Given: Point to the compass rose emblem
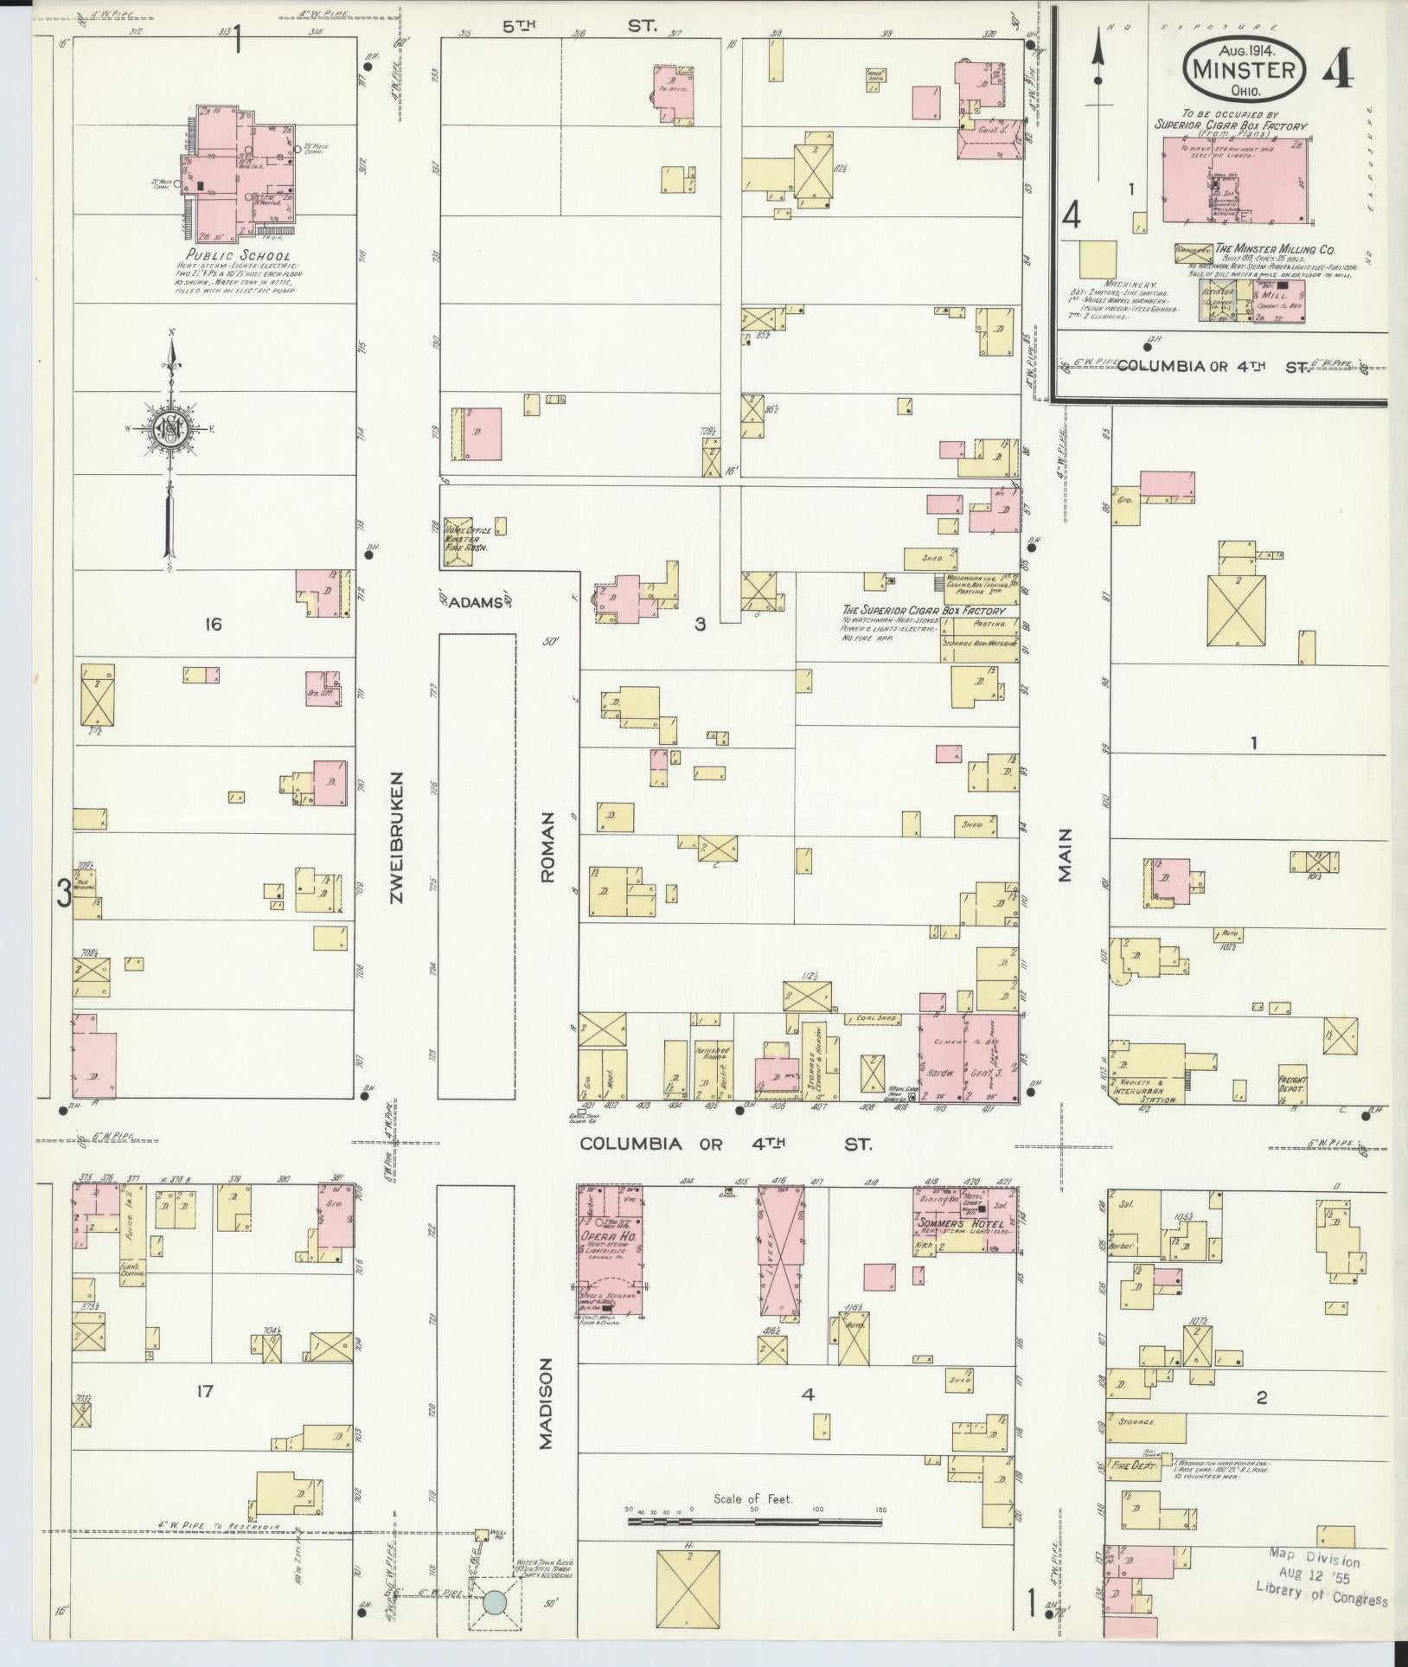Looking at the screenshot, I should click(x=172, y=428).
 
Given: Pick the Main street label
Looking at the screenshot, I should click(x=1064, y=855).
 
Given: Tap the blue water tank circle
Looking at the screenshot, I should click(x=494, y=1602).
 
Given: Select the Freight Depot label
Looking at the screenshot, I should click(x=1294, y=1084).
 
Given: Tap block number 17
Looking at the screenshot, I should click(x=204, y=1392).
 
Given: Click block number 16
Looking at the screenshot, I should click(x=212, y=624).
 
